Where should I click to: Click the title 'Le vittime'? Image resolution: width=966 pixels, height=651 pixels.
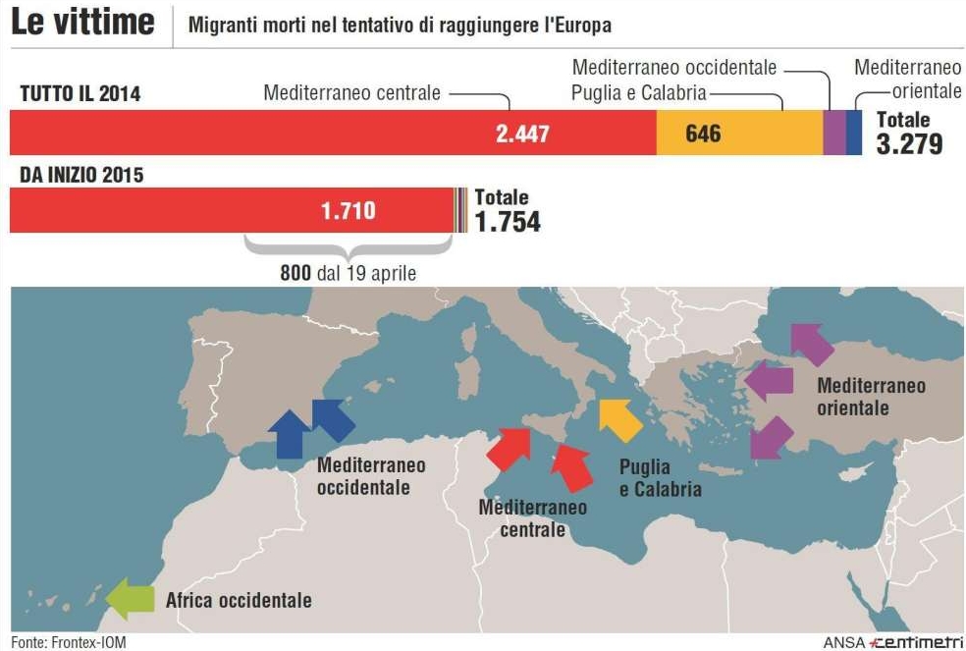(83, 22)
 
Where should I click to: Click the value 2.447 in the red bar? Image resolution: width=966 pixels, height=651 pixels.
(522, 134)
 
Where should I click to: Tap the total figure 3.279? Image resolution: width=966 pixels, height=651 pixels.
(909, 143)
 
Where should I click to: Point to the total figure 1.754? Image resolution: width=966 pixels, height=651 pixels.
(507, 221)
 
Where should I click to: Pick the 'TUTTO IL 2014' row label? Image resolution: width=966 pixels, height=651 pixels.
(80, 94)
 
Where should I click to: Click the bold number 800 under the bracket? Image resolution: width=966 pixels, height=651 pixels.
(295, 273)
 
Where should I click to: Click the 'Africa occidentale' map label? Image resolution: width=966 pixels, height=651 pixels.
(239, 599)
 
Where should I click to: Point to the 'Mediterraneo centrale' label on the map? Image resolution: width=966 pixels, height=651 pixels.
(532, 518)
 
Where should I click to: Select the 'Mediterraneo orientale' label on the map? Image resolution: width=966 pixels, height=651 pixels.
(870, 396)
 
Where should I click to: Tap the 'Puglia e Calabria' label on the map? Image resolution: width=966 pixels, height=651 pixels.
(660, 477)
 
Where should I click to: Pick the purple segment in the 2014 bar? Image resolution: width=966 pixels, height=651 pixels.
(833, 133)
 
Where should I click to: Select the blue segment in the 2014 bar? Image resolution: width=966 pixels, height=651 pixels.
(854, 133)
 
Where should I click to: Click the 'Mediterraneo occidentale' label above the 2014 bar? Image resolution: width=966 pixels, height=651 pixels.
(674, 68)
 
